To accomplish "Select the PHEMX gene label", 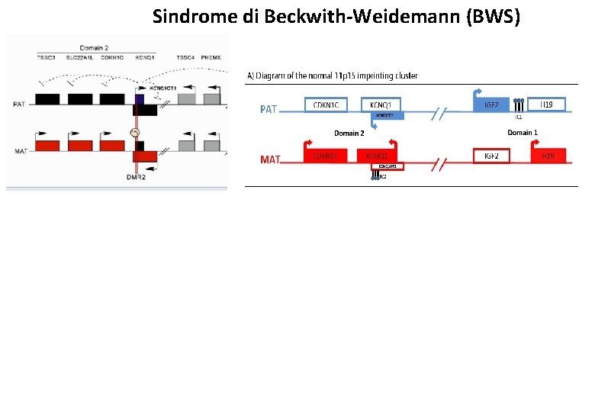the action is pyautogui.click(x=211, y=58).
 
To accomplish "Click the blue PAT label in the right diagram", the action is pyautogui.click(x=269, y=109).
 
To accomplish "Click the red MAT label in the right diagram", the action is pyautogui.click(x=270, y=159).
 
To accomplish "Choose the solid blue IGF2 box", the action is pyautogui.click(x=491, y=105).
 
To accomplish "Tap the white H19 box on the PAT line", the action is pyautogui.click(x=547, y=104).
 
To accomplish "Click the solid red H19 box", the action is pyautogui.click(x=548, y=156).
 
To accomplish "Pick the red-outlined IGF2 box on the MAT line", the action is pyautogui.click(x=491, y=156).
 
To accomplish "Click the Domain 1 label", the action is pyautogui.click(x=523, y=133).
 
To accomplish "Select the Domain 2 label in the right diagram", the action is pyautogui.click(x=349, y=134).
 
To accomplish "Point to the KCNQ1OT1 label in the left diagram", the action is pyautogui.click(x=162, y=89).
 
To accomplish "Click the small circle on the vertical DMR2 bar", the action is pyautogui.click(x=135, y=133).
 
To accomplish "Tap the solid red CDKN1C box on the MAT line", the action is pyautogui.click(x=326, y=156).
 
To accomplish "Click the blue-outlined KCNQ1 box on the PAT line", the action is pyautogui.click(x=381, y=105).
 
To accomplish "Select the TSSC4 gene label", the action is pyautogui.click(x=185, y=58).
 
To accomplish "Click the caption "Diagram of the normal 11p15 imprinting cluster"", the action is pyautogui.click(x=336, y=76).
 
